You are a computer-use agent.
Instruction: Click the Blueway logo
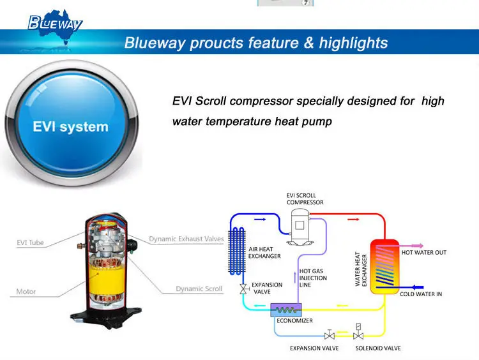(55, 24)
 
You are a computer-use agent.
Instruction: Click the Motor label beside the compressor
(26, 292)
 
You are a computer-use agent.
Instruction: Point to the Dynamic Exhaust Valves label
(186, 239)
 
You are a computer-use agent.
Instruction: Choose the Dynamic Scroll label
(199, 289)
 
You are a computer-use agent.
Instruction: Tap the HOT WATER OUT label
(423, 253)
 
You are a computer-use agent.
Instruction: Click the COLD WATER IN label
(421, 294)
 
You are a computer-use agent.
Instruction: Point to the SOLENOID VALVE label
(378, 349)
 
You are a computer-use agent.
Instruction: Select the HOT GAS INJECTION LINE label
(313, 278)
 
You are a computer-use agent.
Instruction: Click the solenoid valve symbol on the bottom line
(358, 333)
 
